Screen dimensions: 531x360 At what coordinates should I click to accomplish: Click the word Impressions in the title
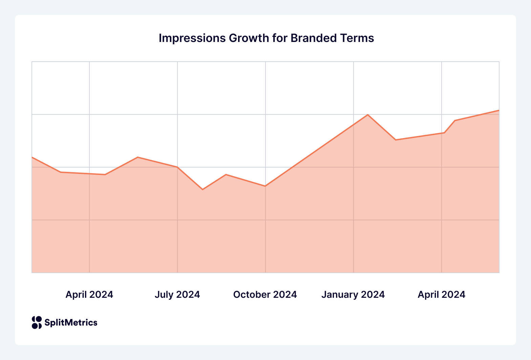(x=192, y=38)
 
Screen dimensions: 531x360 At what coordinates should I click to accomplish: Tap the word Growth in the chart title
(x=249, y=38)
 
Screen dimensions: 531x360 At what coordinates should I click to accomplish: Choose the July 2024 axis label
(x=177, y=295)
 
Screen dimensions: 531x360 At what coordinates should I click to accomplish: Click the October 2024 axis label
(x=265, y=295)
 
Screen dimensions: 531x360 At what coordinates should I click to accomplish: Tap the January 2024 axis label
(x=353, y=295)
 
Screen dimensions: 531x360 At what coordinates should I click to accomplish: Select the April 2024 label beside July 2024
(x=89, y=295)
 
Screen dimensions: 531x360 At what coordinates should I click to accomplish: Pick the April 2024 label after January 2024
(x=441, y=295)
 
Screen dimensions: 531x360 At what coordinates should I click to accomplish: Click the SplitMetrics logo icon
(x=37, y=322)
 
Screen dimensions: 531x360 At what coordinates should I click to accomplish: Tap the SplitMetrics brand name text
(x=71, y=322)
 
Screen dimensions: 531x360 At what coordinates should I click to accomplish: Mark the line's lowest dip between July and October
(x=203, y=189)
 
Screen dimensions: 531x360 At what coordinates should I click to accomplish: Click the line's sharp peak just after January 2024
(x=368, y=115)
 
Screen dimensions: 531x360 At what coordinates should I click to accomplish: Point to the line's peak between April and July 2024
(x=137, y=157)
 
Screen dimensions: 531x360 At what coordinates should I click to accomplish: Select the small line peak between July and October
(x=226, y=175)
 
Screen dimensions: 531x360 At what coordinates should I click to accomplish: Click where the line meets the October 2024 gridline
(x=265, y=186)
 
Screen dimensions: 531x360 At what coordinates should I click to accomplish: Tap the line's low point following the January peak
(x=396, y=140)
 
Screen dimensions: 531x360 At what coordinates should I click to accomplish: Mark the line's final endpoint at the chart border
(x=499, y=110)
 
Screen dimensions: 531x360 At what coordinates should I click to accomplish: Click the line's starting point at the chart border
(x=32, y=157)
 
